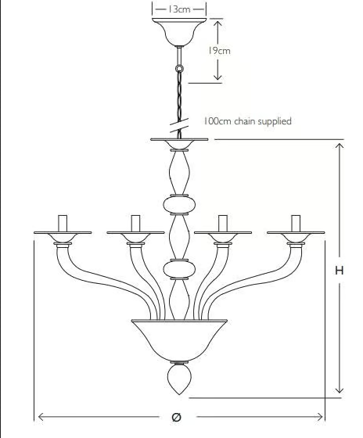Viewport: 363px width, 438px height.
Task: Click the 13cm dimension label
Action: tap(179, 9)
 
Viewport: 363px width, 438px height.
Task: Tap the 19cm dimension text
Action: tap(219, 51)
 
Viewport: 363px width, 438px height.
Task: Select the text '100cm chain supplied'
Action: tap(247, 121)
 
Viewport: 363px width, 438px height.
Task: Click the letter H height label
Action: tap(340, 271)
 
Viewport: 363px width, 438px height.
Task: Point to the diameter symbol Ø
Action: tap(176, 417)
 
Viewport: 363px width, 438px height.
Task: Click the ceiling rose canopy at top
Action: tap(179, 32)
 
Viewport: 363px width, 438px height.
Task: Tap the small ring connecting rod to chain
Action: tap(179, 68)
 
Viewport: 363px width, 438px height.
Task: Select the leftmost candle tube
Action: tap(63, 224)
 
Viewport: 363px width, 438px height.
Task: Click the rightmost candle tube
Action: tap(296, 224)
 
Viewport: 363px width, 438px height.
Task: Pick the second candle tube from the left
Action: tap(135, 224)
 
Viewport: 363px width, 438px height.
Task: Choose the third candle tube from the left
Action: tap(223, 224)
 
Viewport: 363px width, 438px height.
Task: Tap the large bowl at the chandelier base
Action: tap(179, 341)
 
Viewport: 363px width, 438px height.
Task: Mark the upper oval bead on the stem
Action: tap(179, 204)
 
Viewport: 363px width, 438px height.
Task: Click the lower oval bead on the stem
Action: tap(179, 270)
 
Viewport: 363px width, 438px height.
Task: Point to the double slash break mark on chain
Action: tap(179, 125)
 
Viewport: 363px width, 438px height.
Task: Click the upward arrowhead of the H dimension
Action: tap(340, 146)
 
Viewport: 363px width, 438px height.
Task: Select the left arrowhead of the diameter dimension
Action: tap(41, 417)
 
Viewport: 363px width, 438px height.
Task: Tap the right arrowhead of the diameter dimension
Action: tap(319, 417)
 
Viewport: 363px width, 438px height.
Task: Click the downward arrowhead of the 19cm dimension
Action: tap(217, 77)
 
